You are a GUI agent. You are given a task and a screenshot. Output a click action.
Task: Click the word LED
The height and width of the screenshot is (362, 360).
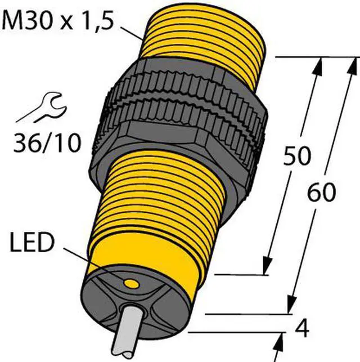point(31,244)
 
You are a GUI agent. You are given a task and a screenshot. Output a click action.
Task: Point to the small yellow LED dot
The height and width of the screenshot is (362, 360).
point(132,281)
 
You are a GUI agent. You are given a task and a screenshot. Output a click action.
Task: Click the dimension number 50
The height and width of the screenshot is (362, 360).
point(296,157)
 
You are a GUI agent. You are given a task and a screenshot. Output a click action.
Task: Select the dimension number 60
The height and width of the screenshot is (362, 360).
point(322,193)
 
